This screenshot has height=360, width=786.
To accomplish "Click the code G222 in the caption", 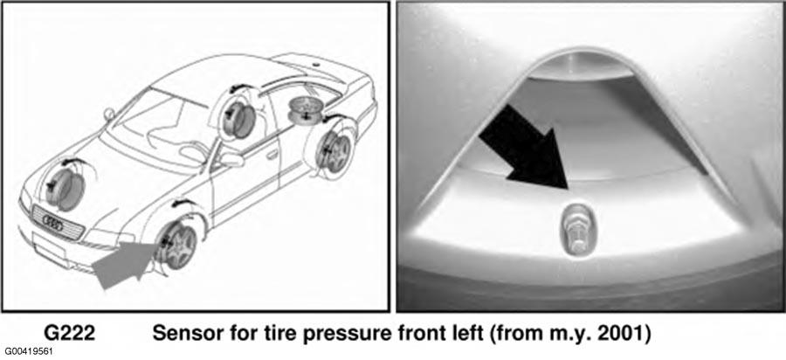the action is pyautogui.click(x=69, y=333).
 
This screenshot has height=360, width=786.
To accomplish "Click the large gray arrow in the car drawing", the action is pyautogui.click(x=124, y=263).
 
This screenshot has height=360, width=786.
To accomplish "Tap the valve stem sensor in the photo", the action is pyautogui.click(x=576, y=228).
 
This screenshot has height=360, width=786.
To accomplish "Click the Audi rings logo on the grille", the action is pyautogui.click(x=53, y=223).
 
